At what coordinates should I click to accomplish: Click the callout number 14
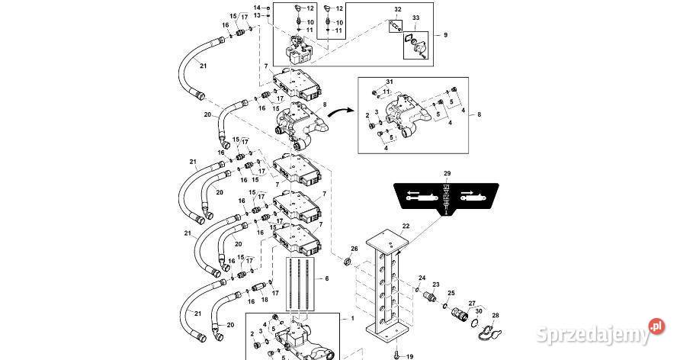tap(257, 8)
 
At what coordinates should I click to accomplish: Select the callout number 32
tap(398, 10)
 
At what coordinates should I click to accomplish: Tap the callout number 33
tap(416, 18)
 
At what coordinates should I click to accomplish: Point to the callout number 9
tap(445, 34)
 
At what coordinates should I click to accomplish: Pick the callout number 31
tap(390, 82)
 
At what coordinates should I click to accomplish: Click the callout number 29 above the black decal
tap(447, 173)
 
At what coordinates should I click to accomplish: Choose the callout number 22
tap(406, 226)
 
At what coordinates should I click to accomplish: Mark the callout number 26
tap(354, 249)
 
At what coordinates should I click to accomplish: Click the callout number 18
tap(265, 300)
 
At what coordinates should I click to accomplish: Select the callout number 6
tap(326, 279)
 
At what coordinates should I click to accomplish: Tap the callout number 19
tap(409, 356)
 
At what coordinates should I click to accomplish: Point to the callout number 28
tap(496, 315)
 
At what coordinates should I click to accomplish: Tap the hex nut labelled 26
tap(347, 262)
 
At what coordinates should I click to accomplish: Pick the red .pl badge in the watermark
tap(657, 326)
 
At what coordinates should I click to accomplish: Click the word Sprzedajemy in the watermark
tap(593, 334)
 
